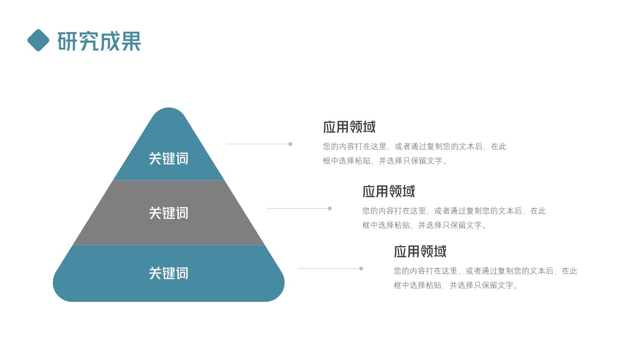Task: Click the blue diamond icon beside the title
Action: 38,40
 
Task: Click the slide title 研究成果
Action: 99,41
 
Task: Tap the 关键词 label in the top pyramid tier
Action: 169,159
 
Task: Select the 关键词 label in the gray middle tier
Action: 169,213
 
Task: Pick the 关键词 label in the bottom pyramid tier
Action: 169,273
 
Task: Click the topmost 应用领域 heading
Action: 349,127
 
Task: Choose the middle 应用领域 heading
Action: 389,191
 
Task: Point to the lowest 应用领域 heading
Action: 420,251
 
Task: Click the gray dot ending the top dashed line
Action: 290,144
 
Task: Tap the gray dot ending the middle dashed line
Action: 330,209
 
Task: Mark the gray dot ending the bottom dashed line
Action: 361,269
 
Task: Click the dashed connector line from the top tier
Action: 258,144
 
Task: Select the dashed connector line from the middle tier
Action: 297,209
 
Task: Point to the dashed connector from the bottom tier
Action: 329,269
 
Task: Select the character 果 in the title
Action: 131,41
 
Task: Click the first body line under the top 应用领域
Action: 414,146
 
